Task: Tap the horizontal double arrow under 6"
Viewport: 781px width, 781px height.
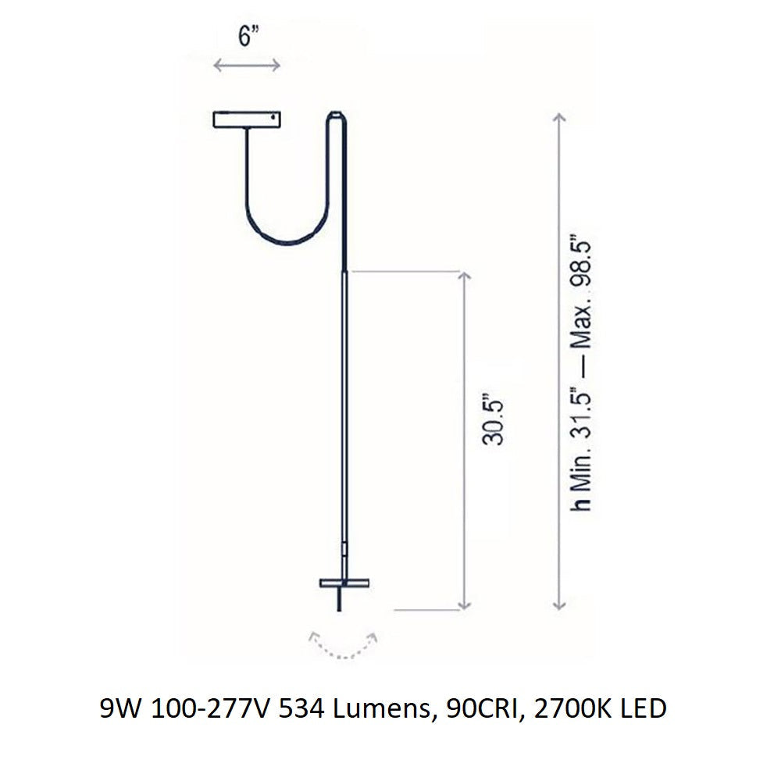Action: point(247,66)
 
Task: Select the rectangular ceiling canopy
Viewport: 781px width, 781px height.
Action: point(246,119)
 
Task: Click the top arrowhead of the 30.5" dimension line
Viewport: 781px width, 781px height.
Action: point(465,276)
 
